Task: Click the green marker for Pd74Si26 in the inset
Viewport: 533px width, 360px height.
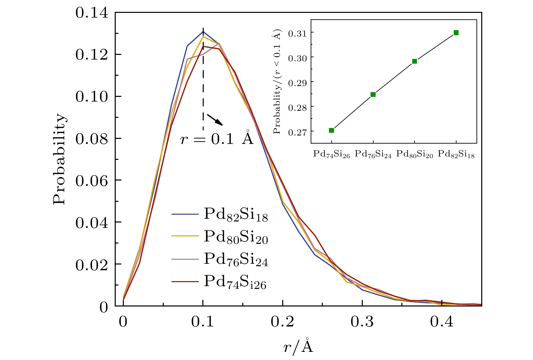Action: (x=331, y=130)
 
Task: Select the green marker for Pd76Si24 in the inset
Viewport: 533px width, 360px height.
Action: (x=373, y=94)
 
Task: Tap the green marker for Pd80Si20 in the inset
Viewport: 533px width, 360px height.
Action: (x=415, y=61)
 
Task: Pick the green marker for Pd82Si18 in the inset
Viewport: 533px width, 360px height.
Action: (x=456, y=33)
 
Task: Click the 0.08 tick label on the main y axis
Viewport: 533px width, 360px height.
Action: (x=92, y=139)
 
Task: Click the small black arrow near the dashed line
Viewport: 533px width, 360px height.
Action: (x=215, y=120)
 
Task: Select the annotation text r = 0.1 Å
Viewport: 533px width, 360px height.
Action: (x=217, y=139)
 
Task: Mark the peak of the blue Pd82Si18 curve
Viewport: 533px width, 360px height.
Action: (x=203, y=31)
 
